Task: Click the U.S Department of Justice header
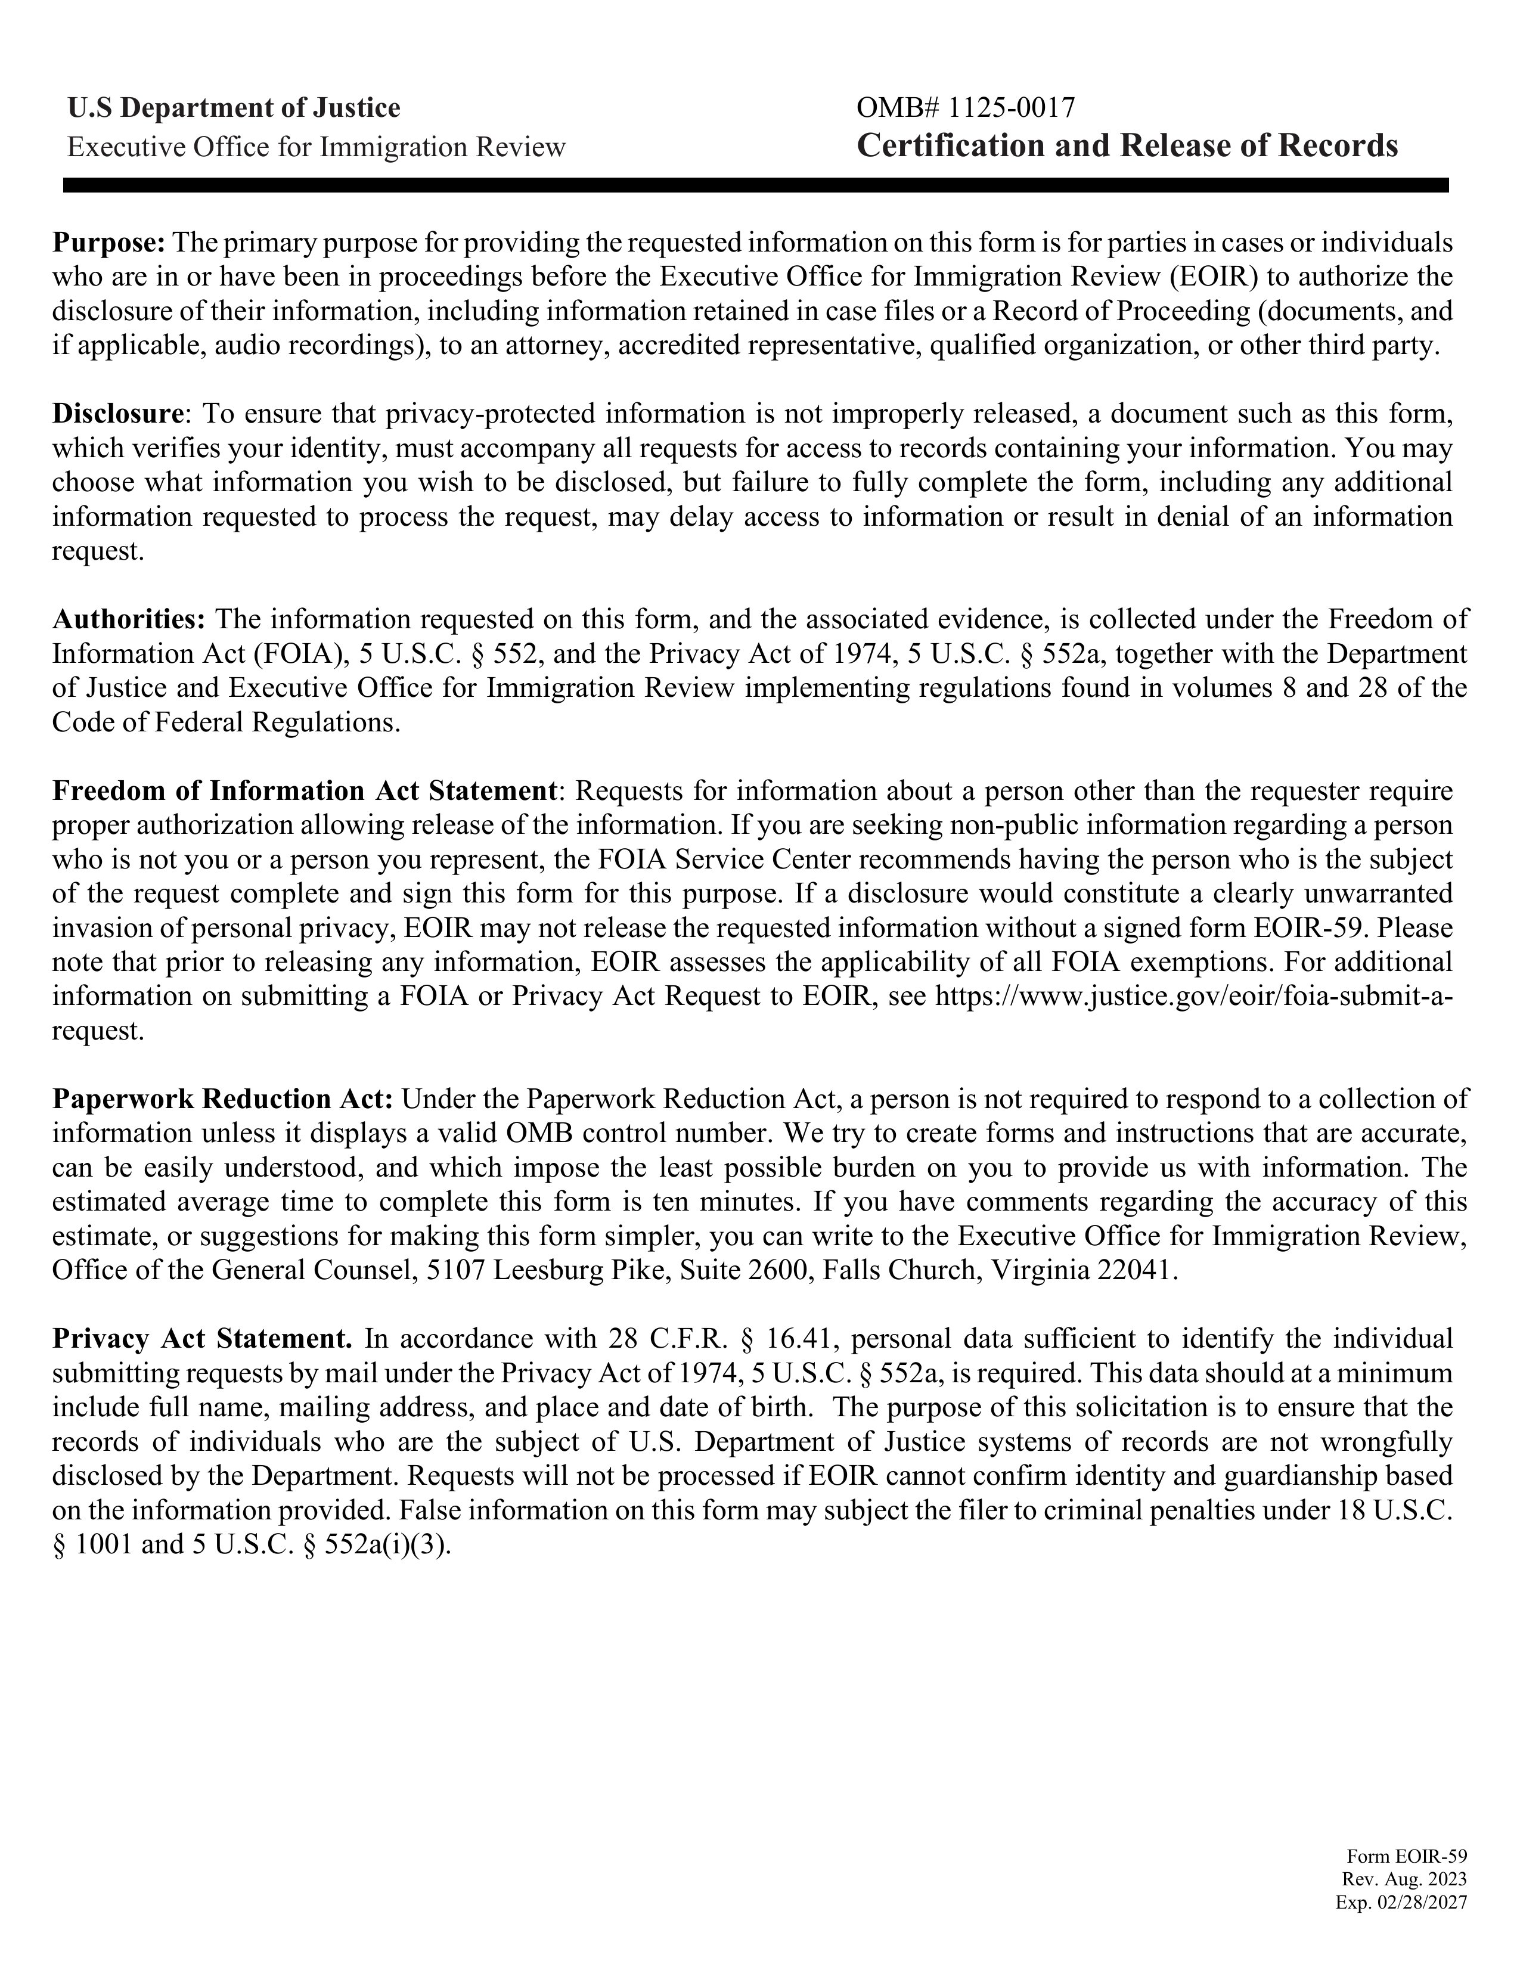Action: [234, 108]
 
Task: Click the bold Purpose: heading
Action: [110, 243]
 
